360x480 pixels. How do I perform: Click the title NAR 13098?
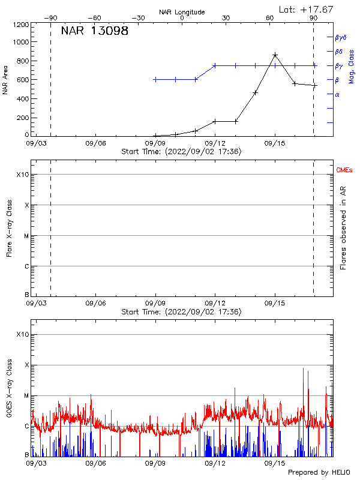(x=95, y=31)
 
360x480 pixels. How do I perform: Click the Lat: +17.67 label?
(x=305, y=9)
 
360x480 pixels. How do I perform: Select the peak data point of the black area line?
(x=275, y=55)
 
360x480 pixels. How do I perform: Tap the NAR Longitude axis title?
(x=182, y=12)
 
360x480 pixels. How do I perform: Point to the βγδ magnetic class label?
(x=341, y=37)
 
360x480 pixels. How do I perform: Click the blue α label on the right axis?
(x=337, y=94)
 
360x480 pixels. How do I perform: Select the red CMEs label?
(x=344, y=171)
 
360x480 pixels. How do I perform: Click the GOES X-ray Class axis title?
(x=9, y=390)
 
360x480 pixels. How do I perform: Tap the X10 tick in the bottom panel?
(x=23, y=334)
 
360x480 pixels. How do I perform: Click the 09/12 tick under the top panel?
(x=215, y=144)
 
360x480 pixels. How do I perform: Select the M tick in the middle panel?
(x=26, y=236)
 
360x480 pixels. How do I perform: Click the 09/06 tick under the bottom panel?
(x=96, y=464)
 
